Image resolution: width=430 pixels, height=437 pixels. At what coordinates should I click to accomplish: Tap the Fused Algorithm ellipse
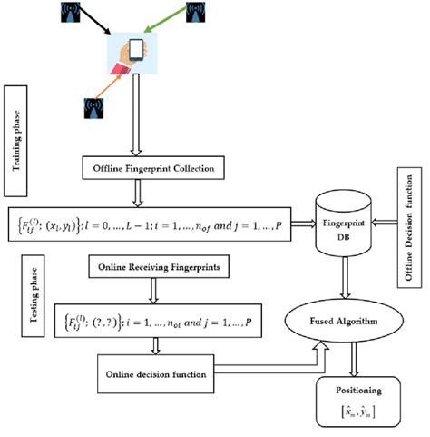click(x=347, y=320)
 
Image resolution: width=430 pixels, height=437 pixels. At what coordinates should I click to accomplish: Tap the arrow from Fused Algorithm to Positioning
click(x=347, y=353)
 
